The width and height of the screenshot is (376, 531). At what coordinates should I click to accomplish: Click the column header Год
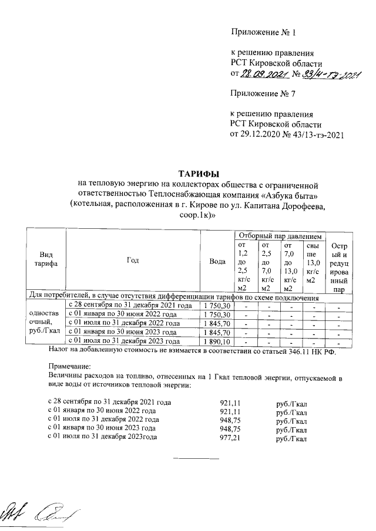(x=132, y=261)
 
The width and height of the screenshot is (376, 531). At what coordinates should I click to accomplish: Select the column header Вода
(x=217, y=262)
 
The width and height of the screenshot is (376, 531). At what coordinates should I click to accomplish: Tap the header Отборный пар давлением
(x=278, y=235)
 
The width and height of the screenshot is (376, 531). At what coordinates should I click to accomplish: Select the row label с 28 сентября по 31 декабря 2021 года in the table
(x=131, y=306)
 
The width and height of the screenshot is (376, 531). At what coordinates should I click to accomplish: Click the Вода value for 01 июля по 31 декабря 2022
(x=217, y=323)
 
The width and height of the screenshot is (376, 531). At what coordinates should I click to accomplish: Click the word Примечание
(x=67, y=365)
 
